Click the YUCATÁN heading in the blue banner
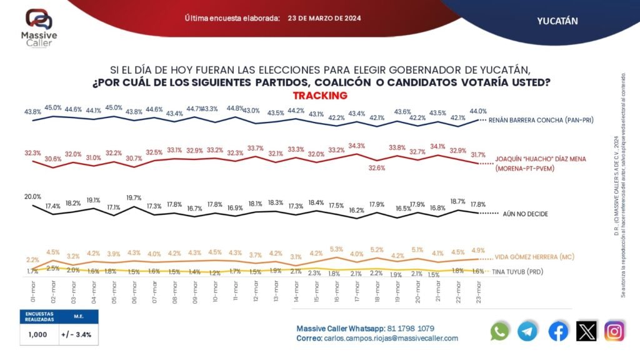pos(557,21)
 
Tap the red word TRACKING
pos(319,96)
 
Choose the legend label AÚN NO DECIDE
pos(525,214)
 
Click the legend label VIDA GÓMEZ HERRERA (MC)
pos(534,257)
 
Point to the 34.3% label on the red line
pos(357,146)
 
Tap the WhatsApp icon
pos(500,331)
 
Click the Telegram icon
pos(527,331)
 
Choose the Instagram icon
pos(614,331)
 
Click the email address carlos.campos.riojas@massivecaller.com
pos(391,338)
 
